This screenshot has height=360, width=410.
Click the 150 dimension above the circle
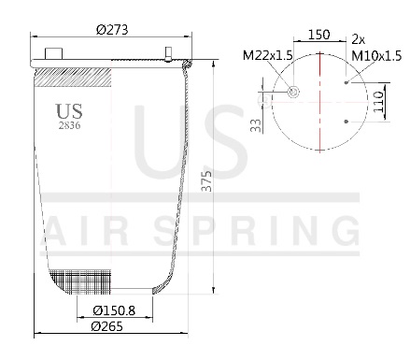(319, 35)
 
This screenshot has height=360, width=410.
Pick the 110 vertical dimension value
(380, 97)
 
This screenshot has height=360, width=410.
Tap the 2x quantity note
(359, 38)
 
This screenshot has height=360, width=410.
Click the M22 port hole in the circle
(293, 92)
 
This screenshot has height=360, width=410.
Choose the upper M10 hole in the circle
(346, 82)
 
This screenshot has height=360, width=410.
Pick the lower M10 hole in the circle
(346, 120)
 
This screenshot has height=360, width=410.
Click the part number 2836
(68, 125)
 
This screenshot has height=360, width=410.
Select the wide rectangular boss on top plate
(53, 53)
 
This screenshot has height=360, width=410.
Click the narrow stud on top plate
(168, 53)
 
